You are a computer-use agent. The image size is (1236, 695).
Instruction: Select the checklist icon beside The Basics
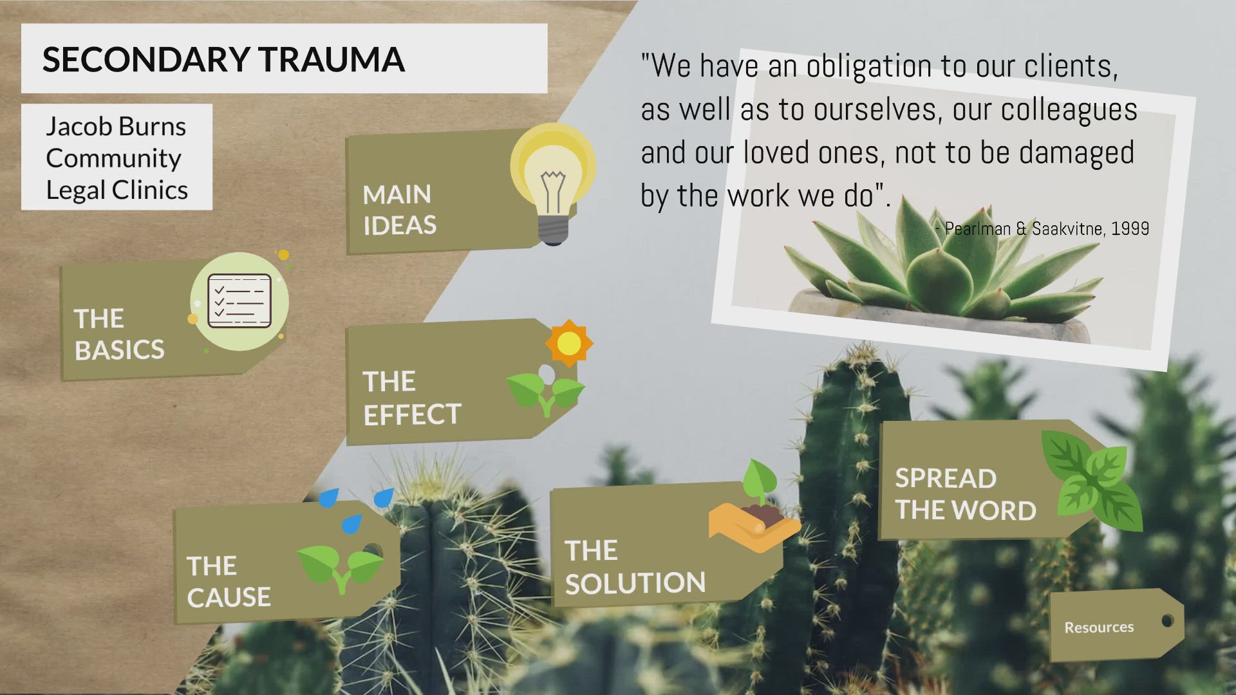coord(239,301)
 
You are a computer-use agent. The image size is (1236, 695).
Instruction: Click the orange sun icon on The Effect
coord(568,343)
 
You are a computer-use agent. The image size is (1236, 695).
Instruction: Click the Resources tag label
coord(1099,627)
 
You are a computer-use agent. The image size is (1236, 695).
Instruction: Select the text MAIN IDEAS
coord(399,210)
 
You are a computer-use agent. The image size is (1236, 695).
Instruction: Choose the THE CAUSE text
coord(229,582)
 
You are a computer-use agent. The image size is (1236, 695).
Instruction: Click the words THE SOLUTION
coord(635,567)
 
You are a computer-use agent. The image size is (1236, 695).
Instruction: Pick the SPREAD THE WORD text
coord(965,494)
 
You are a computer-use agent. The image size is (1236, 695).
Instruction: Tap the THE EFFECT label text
coord(412,398)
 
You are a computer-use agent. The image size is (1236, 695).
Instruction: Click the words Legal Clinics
coord(117,190)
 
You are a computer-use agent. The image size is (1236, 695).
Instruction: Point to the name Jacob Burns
coord(116,126)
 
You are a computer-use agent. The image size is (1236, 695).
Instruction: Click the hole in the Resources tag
coord(1167,621)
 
